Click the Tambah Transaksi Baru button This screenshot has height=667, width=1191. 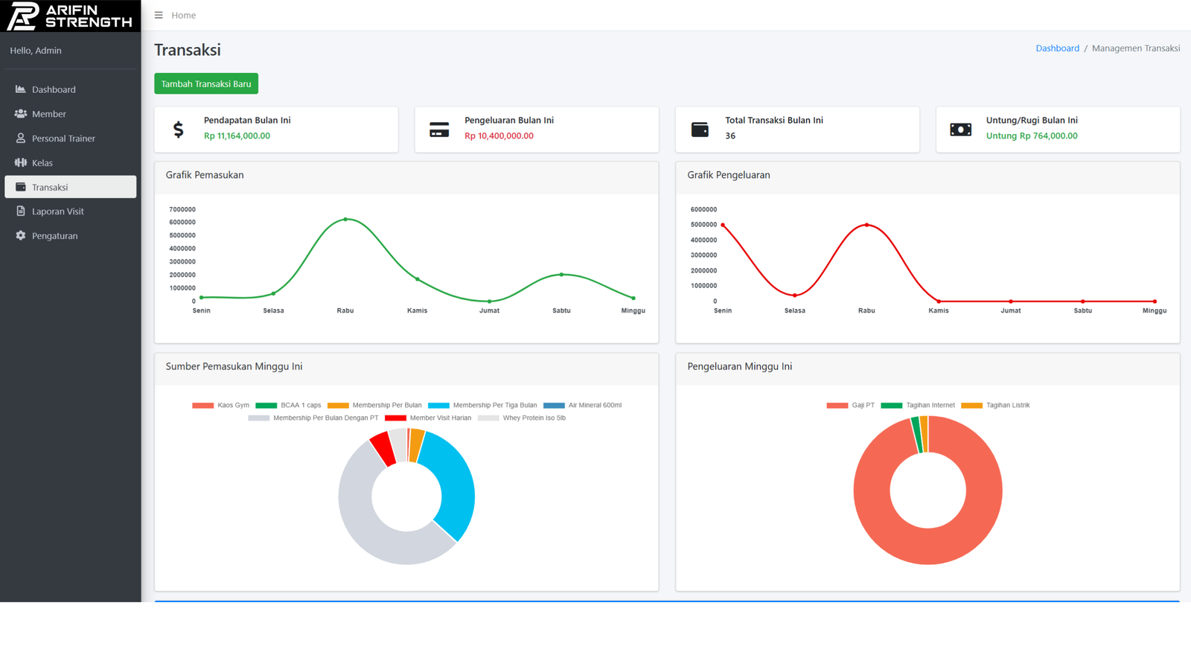tap(206, 84)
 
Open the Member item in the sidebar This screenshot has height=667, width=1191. tap(49, 114)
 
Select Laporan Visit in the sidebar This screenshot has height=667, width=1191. tap(57, 211)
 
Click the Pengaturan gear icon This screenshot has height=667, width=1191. tap(21, 236)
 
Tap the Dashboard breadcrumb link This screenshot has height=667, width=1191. tap(1057, 48)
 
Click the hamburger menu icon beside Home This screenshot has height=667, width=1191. tap(159, 15)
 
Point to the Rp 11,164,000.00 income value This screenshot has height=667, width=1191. tap(237, 136)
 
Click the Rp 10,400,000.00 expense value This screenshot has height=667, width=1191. tap(499, 136)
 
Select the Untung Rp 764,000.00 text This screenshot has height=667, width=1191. tap(1031, 136)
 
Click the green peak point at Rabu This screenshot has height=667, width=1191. tap(345, 220)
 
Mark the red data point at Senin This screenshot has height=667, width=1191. tap(723, 225)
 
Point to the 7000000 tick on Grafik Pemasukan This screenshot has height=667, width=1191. tap(182, 210)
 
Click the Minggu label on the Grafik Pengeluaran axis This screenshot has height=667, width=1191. tap(1154, 310)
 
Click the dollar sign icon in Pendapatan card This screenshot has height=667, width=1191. tap(179, 130)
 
